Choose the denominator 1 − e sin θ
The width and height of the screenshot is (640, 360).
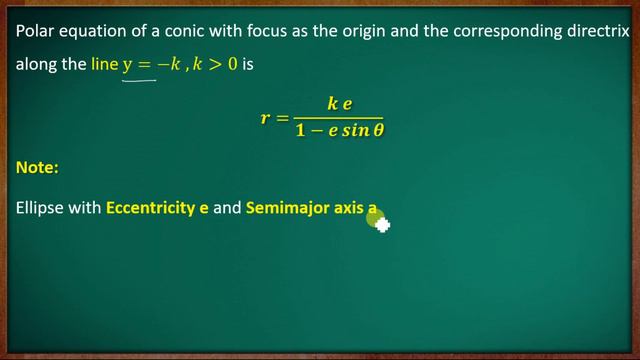339,131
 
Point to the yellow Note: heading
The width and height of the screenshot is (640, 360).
38,170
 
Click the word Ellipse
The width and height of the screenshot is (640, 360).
41,212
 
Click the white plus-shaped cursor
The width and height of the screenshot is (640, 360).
382,224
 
